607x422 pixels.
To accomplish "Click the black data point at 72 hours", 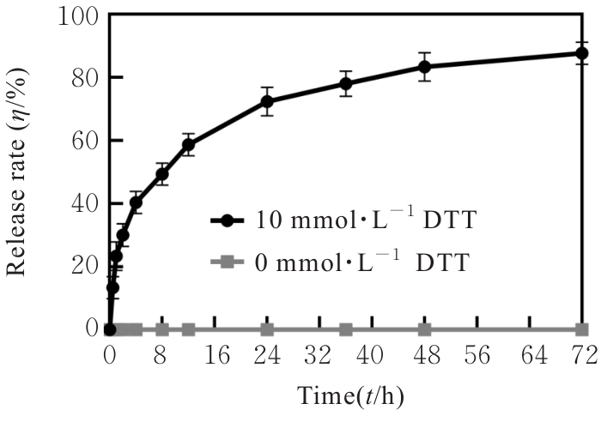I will pyautogui.click(x=581, y=53).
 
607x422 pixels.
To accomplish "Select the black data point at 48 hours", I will pyautogui.click(x=424, y=67).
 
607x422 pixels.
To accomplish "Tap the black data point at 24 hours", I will pyautogui.click(x=267, y=101).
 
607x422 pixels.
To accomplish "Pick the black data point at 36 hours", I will pyautogui.click(x=346, y=84).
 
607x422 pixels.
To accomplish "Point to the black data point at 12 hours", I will pyautogui.click(x=188, y=144).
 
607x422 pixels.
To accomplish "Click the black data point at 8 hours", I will pyautogui.click(x=161, y=174).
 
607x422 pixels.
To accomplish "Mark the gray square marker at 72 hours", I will pyautogui.click(x=581, y=329).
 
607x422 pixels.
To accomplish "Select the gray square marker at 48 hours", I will pyautogui.click(x=424, y=329).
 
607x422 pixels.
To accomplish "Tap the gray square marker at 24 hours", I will pyautogui.click(x=267, y=329).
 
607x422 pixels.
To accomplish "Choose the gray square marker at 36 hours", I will pyautogui.click(x=346, y=329).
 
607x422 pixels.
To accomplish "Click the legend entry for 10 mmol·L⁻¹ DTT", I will pyautogui.click(x=339, y=220).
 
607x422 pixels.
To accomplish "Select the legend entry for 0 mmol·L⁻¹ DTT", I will pyautogui.click(x=339, y=262).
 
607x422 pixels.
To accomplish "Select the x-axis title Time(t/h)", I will pyautogui.click(x=350, y=398).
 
